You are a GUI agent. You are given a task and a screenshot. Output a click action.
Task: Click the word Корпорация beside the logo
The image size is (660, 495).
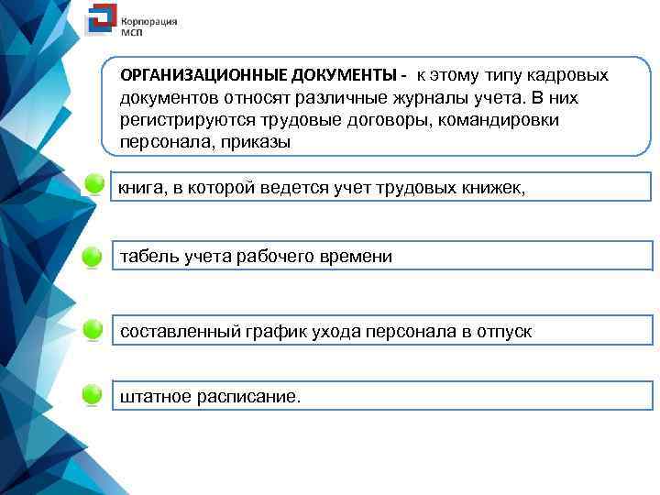[x=149, y=19]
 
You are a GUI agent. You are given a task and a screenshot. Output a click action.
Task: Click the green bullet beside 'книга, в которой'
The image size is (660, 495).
[x=93, y=186]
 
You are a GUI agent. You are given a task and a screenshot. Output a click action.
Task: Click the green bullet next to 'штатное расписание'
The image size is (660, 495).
[x=93, y=396]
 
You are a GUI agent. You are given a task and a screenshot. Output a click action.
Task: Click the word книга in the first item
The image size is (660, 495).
[x=140, y=188]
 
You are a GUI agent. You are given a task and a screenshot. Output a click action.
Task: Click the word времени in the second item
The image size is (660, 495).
[x=357, y=258]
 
